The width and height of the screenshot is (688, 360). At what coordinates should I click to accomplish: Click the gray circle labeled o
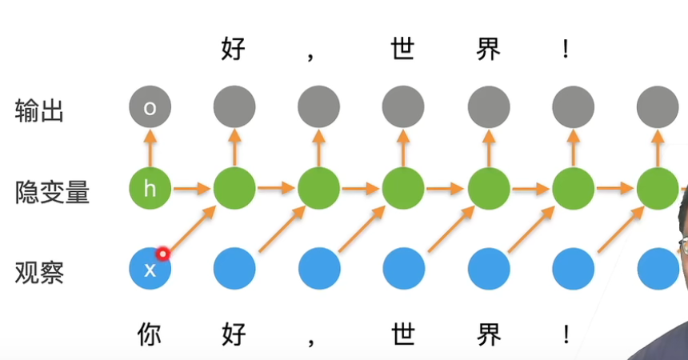[x=150, y=107]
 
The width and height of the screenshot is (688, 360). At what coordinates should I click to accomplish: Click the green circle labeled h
[x=150, y=189]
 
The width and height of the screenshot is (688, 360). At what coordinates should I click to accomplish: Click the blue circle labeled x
[x=150, y=270]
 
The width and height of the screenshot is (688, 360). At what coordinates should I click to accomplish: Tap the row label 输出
[x=39, y=110]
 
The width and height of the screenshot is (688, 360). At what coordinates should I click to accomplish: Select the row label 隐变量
[x=52, y=192]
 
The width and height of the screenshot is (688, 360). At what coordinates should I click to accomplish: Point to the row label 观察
[x=39, y=273]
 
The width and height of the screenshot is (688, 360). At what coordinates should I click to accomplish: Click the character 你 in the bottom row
[x=150, y=334]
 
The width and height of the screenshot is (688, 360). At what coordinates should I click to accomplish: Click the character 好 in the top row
[x=233, y=50]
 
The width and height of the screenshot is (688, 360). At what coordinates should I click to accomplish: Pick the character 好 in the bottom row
[x=233, y=334]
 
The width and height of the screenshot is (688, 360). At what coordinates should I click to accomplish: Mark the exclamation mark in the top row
[x=566, y=50]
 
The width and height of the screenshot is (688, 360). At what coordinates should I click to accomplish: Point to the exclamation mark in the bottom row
[x=566, y=334]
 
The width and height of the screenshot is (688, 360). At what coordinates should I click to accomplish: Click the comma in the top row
[x=312, y=56]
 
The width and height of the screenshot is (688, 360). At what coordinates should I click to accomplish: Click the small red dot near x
[x=163, y=254]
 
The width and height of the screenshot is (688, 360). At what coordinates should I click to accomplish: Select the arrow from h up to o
[x=150, y=148]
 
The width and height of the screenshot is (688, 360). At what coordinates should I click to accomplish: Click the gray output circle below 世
[x=402, y=107]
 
